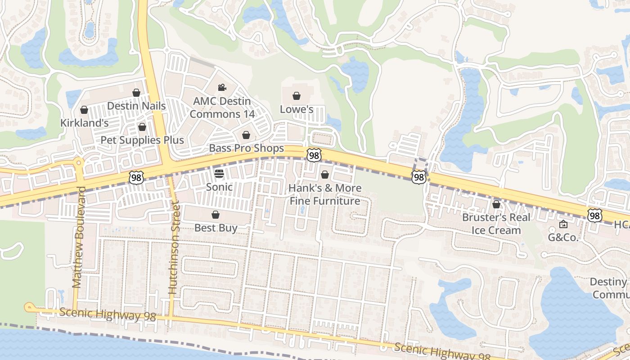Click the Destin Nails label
pyautogui.click(x=136, y=106)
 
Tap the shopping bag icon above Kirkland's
pyautogui.click(x=84, y=110)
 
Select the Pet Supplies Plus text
pyautogui.click(x=142, y=140)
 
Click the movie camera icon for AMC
pyautogui.click(x=221, y=87)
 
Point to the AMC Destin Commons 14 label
pyautogui.click(x=222, y=108)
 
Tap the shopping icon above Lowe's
pyautogui.click(x=297, y=96)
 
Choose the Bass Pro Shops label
pyautogui.click(x=246, y=148)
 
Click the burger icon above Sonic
pyautogui.click(x=219, y=174)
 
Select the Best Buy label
pyautogui.click(x=216, y=228)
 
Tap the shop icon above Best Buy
pyautogui.click(x=216, y=215)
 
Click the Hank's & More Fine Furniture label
pyautogui.click(x=324, y=194)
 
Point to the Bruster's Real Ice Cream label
pyautogui.click(x=496, y=224)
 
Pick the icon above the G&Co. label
pyautogui.click(x=563, y=224)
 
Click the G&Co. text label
pyautogui.click(x=563, y=237)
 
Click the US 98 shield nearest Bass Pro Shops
pyautogui.click(x=314, y=155)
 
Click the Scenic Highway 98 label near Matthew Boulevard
pyautogui.click(x=107, y=314)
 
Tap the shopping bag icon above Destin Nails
pyautogui.click(x=136, y=93)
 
